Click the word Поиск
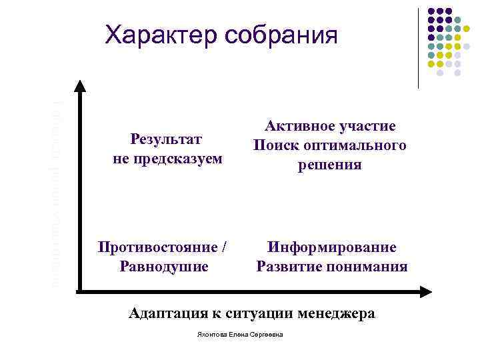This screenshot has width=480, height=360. coord(275,145)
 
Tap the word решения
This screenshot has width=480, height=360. coord(329,165)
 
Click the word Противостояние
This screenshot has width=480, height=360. coord(157,247)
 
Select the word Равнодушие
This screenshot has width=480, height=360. coord(163,267)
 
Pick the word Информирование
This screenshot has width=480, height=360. coord(332,247)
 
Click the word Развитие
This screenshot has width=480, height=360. coord(290,267)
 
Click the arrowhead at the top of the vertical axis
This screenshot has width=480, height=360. coord(79,86)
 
